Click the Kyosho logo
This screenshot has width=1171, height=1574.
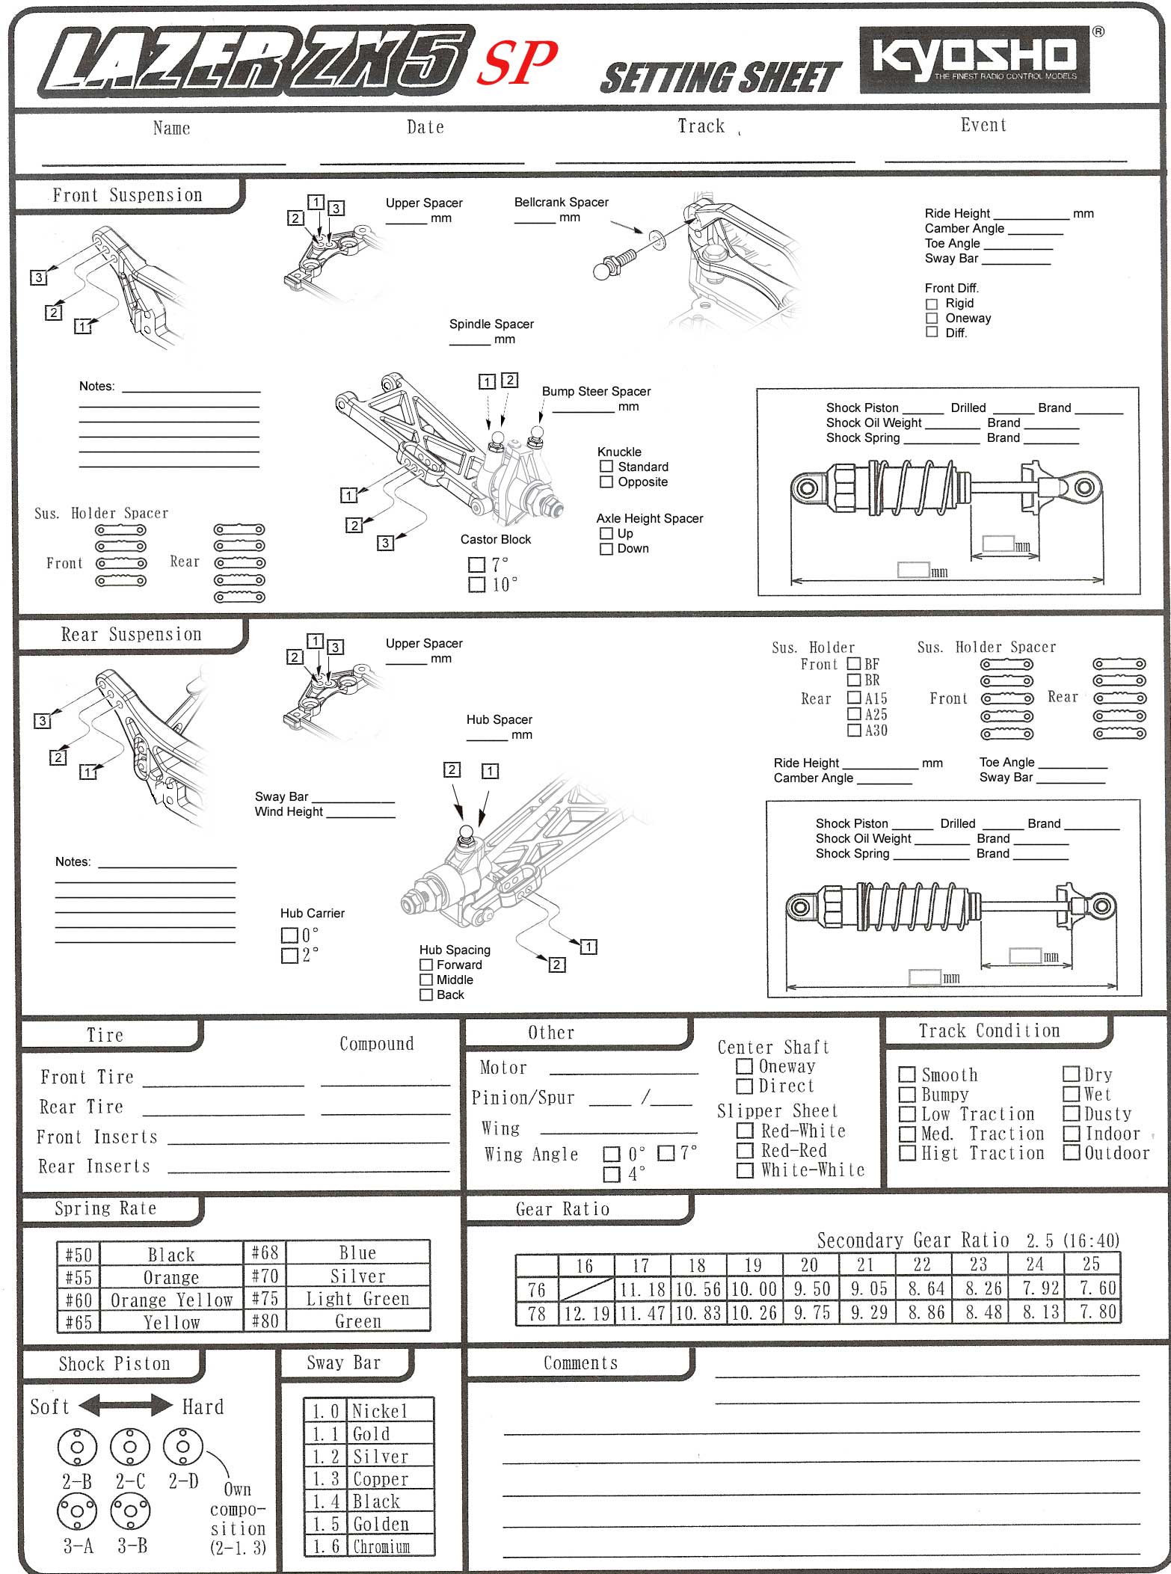[974, 59]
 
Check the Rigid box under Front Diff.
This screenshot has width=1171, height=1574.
[932, 304]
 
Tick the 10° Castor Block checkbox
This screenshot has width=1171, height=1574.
[476, 584]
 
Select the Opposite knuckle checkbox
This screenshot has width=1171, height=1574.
[606, 482]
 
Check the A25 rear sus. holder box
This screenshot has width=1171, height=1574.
[854, 714]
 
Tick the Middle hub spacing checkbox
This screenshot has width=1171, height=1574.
[426, 980]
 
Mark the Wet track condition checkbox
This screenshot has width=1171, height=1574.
[1071, 1094]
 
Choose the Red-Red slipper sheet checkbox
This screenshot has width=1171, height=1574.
[745, 1150]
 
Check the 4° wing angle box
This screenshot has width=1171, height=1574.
[612, 1174]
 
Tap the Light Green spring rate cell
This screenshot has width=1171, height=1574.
[357, 1299]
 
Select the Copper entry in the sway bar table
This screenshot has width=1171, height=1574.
[381, 1479]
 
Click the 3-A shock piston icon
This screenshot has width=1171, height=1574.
[77, 1511]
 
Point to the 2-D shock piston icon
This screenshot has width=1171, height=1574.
[182, 1447]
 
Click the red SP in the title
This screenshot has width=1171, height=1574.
[517, 62]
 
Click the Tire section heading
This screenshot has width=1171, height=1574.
[105, 1035]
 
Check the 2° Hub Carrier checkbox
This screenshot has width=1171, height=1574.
[289, 956]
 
